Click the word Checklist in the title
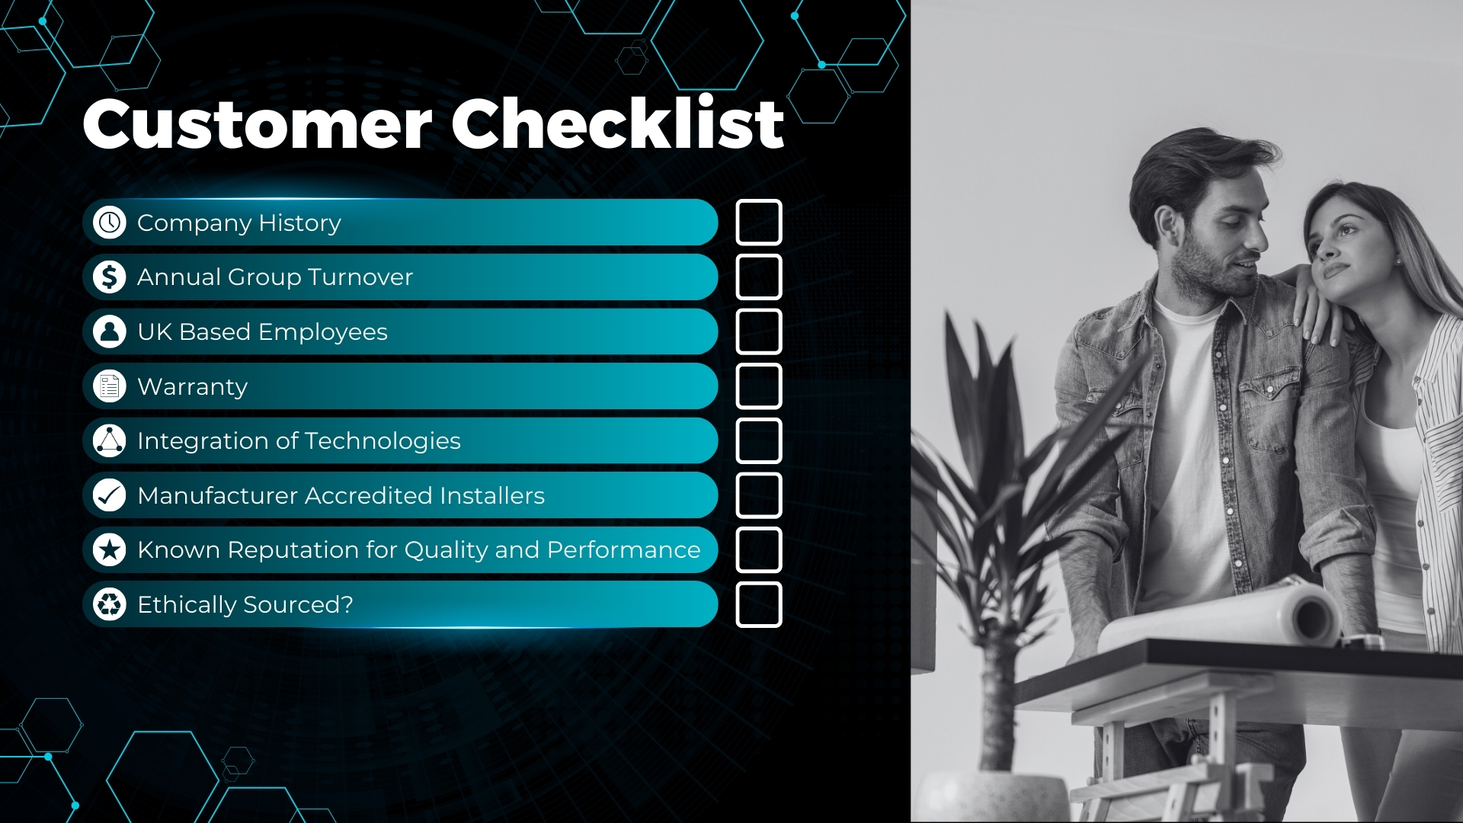pos(618,123)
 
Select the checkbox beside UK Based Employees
pos(759,310)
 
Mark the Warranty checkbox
pos(759,365)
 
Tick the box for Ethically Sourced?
pos(759,583)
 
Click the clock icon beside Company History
pos(110,223)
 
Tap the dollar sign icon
pos(110,277)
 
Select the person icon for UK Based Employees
pos(110,331)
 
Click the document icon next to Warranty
pos(110,386)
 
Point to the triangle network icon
pos(110,440)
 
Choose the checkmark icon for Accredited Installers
pos(110,495)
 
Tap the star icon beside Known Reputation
pos(110,549)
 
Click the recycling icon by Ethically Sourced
pos(110,604)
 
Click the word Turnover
pos(360,277)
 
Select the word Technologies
pos(383,441)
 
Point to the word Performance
pos(623,550)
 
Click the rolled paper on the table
pos(1219,617)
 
